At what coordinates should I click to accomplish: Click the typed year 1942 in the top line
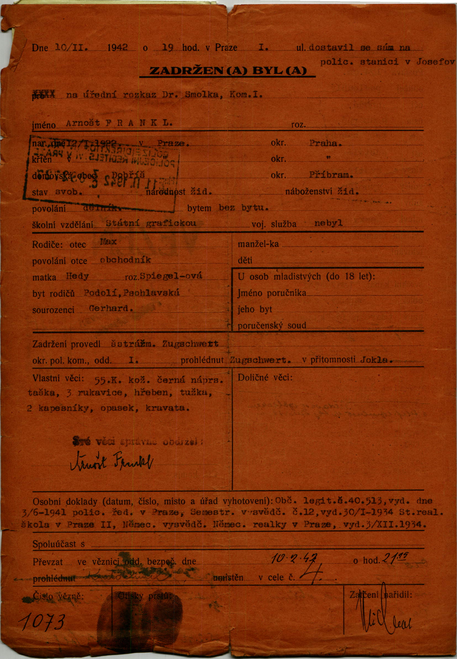[x=117, y=47]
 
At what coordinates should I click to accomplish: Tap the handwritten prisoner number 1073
[x=42, y=622]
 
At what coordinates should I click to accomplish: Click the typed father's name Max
[x=108, y=242]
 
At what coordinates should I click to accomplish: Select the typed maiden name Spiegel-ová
[x=171, y=276]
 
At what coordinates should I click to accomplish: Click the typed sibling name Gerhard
[x=110, y=309]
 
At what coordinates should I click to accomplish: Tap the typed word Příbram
[x=331, y=175]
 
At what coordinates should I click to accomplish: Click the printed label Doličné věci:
[x=265, y=378]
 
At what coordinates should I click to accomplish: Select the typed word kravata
[x=167, y=408]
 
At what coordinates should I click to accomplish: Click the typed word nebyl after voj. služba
[x=328, y=223]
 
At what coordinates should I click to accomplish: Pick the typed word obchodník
[x=125, y=260]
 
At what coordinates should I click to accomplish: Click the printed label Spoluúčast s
[x=59, y=544]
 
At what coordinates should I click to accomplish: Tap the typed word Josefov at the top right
[x=435, y=62]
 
